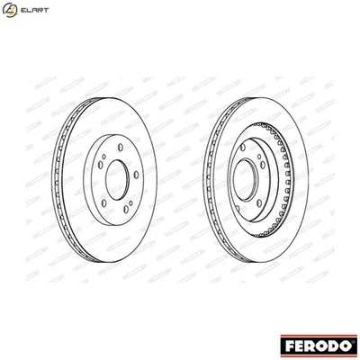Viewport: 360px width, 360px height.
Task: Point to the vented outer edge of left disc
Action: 60,181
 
